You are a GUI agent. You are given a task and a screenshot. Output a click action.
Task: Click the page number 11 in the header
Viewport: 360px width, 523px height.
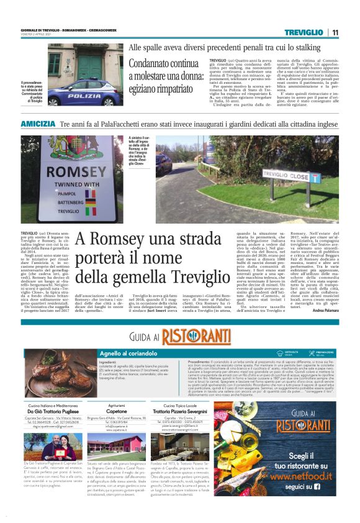pyautogui.click(x=335, y=32)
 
